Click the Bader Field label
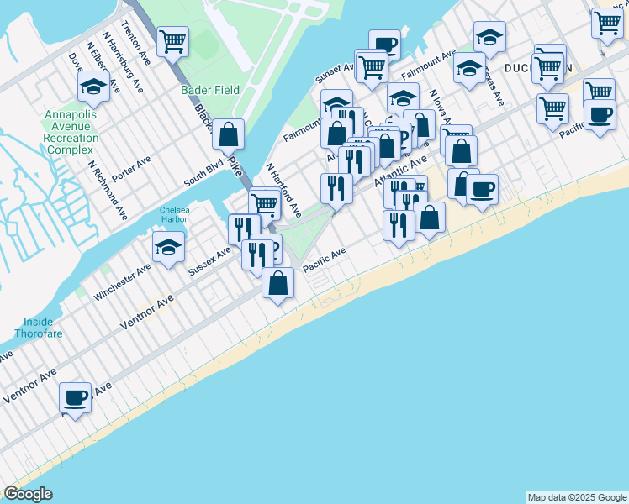[210, 90]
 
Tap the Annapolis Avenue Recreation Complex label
[71, 132]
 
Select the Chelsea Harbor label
[175, 216]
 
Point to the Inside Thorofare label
[40, 327]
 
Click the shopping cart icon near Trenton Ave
[172, 41]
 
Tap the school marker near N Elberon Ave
[93, 86]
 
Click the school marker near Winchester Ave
[168, 248]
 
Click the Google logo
[29, 494]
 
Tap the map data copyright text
[577, 497]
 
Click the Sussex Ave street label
[209, 260]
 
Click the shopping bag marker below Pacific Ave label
[277, 283]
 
